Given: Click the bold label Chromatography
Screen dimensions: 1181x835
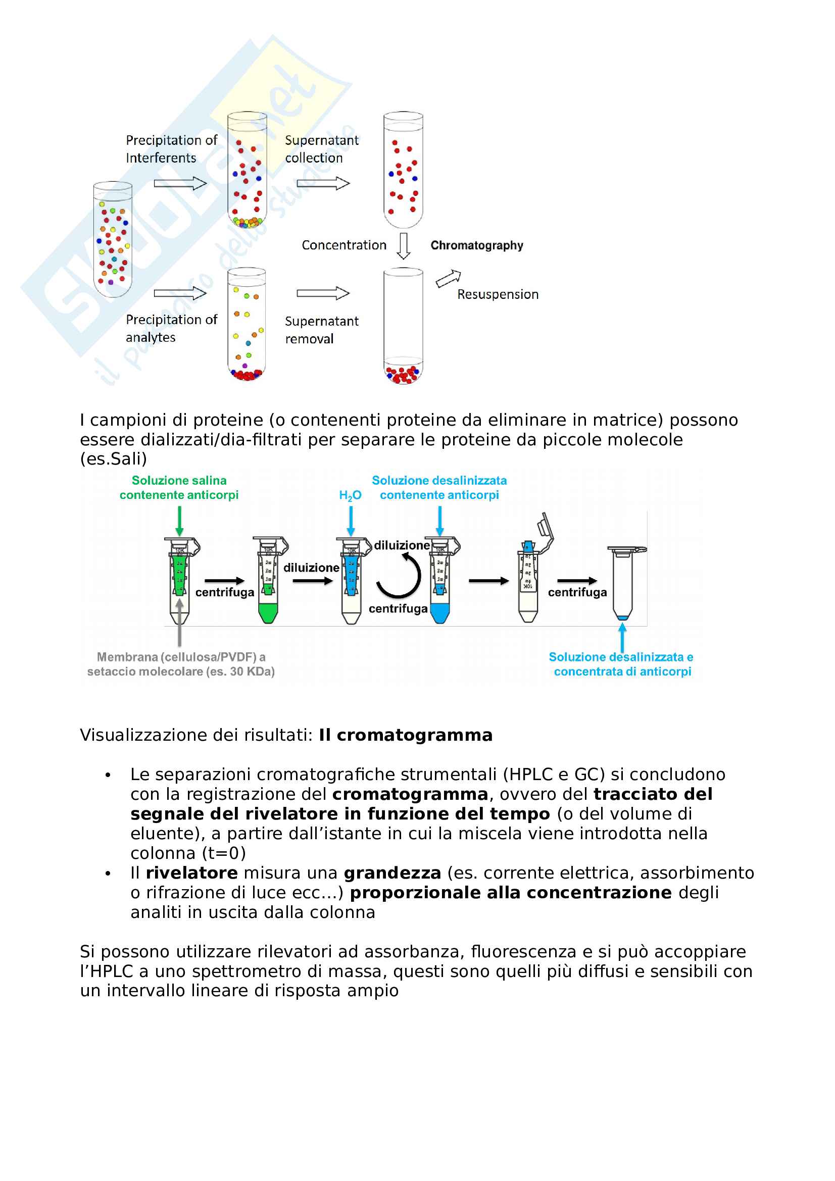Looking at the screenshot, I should point(476,245).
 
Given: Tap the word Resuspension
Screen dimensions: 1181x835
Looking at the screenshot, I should point(498,294).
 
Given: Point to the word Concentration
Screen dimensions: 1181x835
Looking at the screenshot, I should point(343,245).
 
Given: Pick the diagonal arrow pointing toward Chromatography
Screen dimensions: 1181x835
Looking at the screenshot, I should point(448,278).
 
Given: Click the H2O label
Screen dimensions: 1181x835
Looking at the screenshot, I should point(350,495).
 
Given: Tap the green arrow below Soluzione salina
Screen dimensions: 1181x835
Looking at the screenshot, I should point(179,521).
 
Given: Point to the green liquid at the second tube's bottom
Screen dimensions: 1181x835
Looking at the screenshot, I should point(268,612).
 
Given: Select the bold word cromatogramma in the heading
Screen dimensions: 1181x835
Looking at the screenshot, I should point(414,735).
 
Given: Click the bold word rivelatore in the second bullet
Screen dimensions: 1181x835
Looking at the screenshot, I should point(191,873).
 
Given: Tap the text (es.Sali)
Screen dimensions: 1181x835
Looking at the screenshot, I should point(113,458).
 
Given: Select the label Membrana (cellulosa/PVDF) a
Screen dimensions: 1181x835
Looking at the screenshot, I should point(181,657).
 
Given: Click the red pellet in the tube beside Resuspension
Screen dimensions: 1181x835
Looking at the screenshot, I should point(403,374).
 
